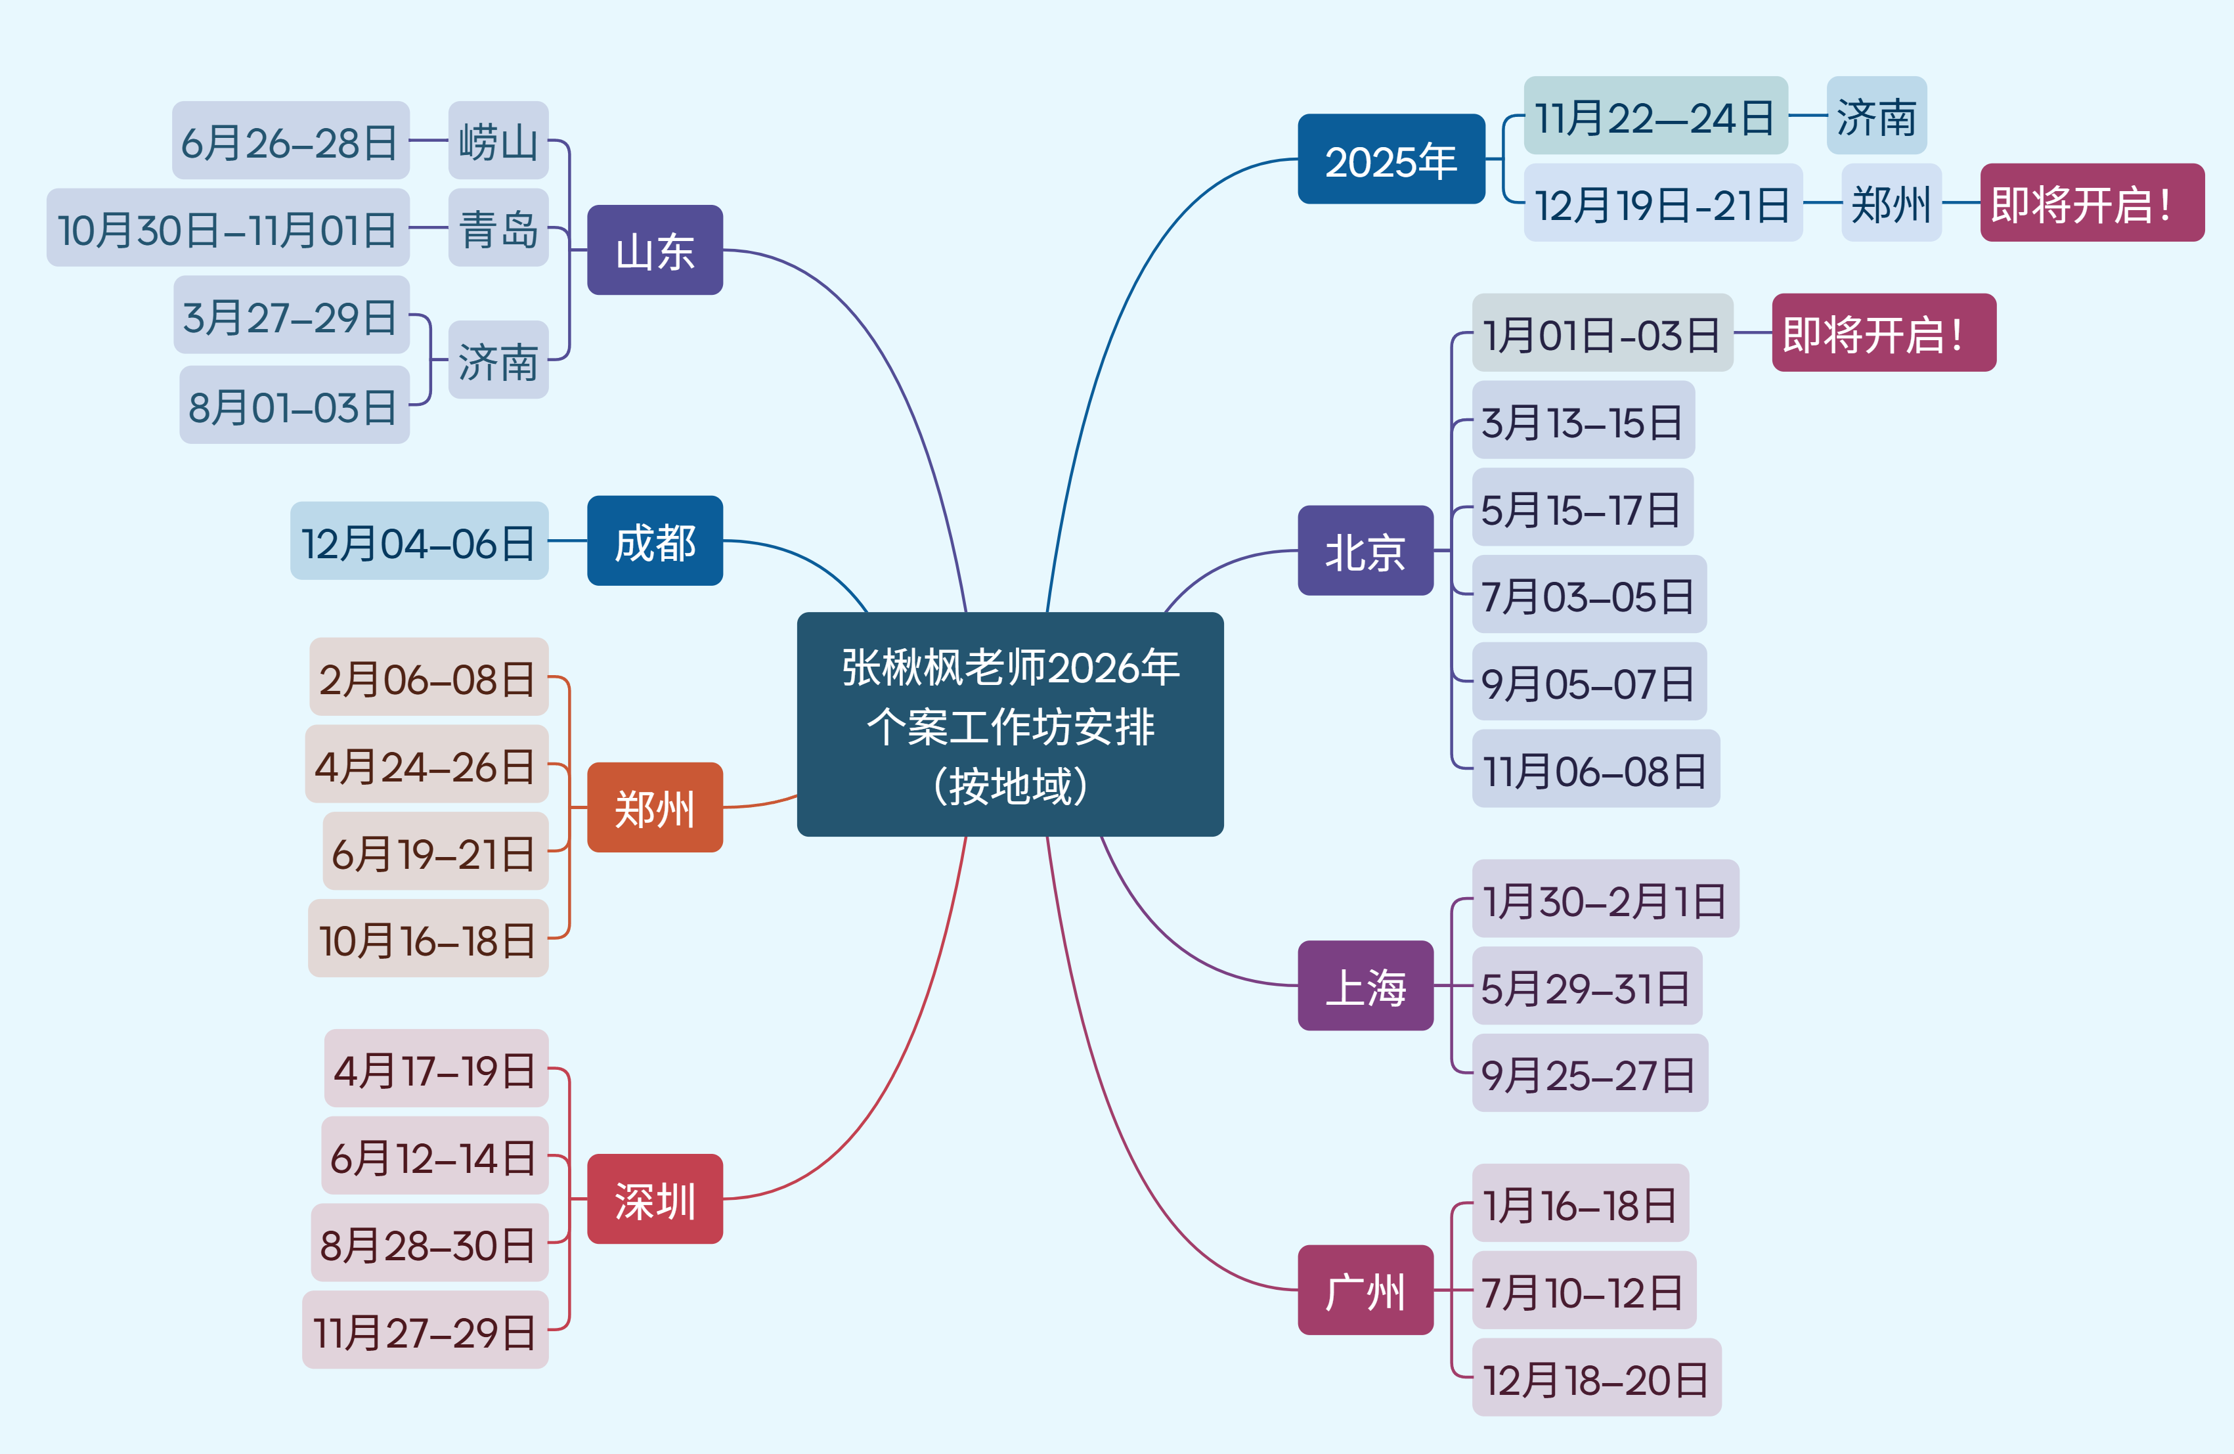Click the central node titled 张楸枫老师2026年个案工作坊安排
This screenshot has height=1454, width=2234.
coord(1010,724)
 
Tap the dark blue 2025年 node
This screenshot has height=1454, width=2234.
coord(1390,160)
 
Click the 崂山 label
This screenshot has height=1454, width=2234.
coord(498,141)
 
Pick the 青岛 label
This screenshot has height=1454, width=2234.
coord(498,228)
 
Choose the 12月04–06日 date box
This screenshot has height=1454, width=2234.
coord(419,542)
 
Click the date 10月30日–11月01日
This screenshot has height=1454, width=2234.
coord(228,228)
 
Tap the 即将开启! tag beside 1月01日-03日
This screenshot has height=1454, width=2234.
coord(1883,333)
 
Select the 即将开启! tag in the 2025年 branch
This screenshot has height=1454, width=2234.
coord(2092,203)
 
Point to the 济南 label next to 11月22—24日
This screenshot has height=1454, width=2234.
coord(1875,116)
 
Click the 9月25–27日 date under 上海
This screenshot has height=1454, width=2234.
coord(1588,1074)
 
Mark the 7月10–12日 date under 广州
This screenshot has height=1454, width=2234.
coord(1583,1290)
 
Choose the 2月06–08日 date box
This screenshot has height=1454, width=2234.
coord(428,677)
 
